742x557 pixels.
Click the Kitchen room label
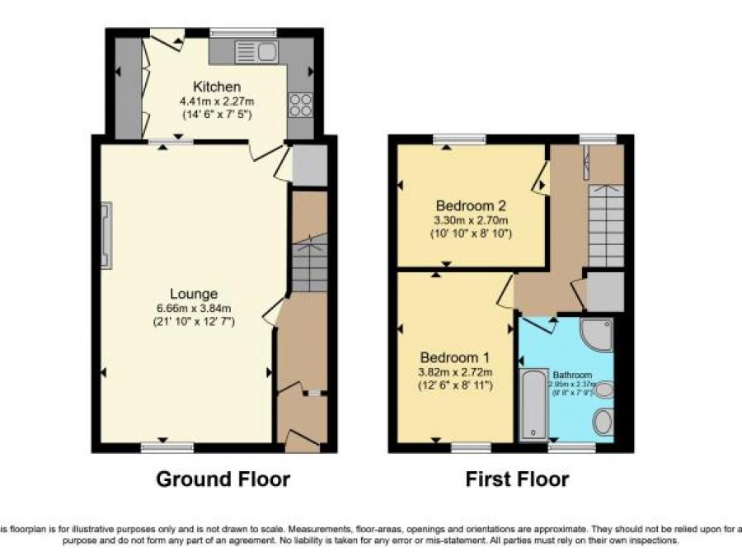tap(217, 87)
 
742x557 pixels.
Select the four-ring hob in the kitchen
tap(300, 105)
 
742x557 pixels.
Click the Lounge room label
tap(194, 294)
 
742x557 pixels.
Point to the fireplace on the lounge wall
tap(105, 236)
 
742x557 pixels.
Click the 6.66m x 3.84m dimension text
tap(194, 309)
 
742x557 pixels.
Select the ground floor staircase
tap(310, 262)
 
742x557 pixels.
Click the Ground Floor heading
tap(223, 479)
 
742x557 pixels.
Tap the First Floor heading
tap(517, 479)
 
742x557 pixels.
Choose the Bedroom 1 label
tap(455, 357)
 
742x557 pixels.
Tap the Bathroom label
tap(572, 374)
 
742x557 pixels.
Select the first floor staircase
tap(606, 224)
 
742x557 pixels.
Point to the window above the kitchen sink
tap(243, 33)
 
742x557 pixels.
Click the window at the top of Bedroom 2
tap(448, 139)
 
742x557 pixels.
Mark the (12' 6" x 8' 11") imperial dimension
tap(455, 385)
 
